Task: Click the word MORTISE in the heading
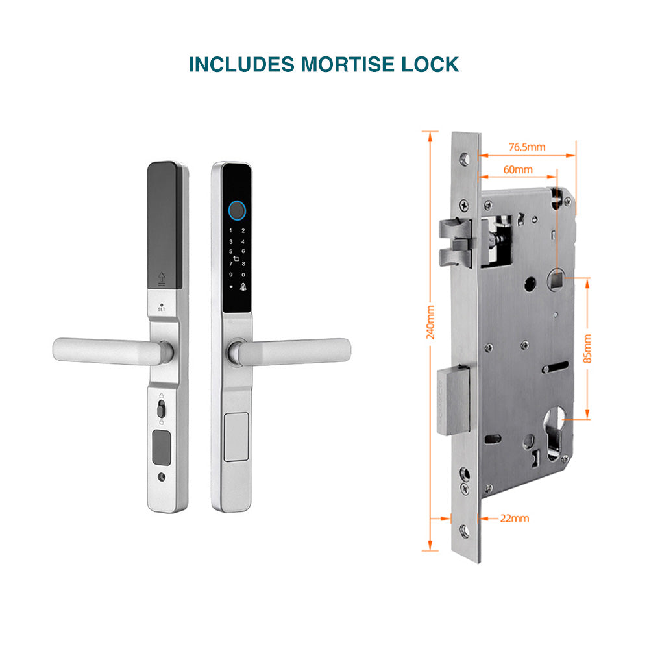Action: point(348,64)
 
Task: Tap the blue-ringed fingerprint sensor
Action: point(237,211)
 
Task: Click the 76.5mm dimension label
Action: point(527,147)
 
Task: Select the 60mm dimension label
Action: point(518,169)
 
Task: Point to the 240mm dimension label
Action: point(430,323)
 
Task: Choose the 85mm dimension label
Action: point(587,349)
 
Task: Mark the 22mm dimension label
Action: point(515,518)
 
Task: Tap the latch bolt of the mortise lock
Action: point(456,242)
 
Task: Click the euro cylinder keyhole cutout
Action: point(555,432)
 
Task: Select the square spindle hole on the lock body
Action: point(556,280)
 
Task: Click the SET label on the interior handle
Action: point(162,309)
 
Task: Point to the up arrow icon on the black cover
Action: point(162,278)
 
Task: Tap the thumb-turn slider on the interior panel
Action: point(161,410)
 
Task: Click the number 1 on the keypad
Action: point(231,230)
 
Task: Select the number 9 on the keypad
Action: point(231,275)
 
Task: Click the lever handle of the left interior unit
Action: point(112,351)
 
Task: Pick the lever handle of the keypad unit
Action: point(289,352)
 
